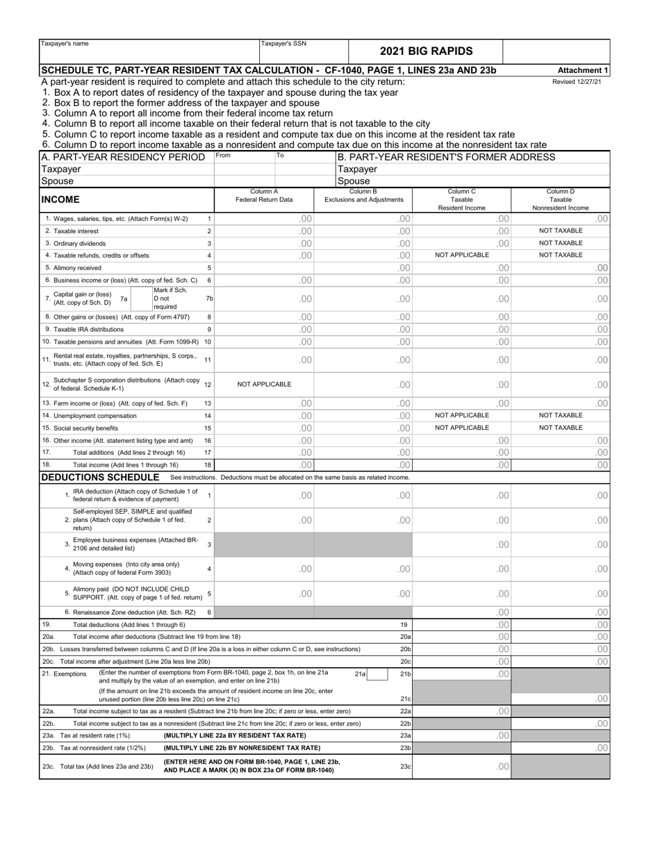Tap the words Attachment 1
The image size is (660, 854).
(583, 70)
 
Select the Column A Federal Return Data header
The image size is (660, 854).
(264, 195)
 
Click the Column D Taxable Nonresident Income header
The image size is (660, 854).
(560, 199)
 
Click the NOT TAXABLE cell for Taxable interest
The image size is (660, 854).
(560, 231)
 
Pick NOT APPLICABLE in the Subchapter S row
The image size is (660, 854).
(264, 384)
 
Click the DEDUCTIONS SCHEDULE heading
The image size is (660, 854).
(101, 477)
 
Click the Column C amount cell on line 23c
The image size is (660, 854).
(462, 766)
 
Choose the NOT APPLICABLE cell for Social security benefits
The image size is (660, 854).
(462, 428)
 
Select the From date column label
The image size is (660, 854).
(223, 156)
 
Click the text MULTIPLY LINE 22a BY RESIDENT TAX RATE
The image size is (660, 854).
(235, 735)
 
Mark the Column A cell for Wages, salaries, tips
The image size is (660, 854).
(264, 219)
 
